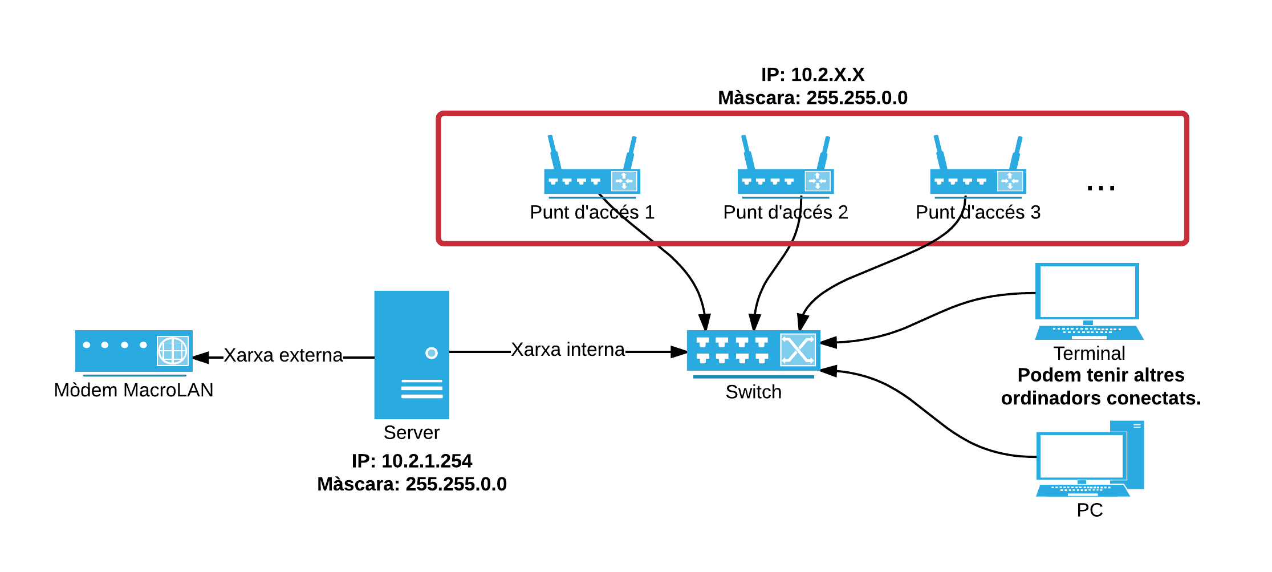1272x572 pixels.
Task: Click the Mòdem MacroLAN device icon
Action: pos(133,351)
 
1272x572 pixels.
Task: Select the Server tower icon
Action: pos(411,355)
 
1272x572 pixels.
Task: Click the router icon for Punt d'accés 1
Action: pos(592,171)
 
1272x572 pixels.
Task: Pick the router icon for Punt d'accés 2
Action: pos(785,171)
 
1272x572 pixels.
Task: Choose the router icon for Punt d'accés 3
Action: pos(978,171)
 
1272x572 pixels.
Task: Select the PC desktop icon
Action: pos(1089,460)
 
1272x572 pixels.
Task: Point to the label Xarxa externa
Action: pos(283,355)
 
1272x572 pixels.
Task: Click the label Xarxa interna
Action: pos(568,350)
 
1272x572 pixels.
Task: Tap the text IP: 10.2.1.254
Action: pos(412,461)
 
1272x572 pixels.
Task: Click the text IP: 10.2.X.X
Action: pos(812,75)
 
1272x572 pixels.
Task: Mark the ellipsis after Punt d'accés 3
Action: pos(1100,188)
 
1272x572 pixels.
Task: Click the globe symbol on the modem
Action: pos(173,350)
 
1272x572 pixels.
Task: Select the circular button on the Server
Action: pos(432,353)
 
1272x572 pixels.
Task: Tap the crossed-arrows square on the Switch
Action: pos(798,350)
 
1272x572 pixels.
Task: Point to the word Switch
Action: pos(753,392)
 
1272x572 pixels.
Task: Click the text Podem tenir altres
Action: pos(1100,375)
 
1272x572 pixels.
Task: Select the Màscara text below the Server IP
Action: pos(412,484)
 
